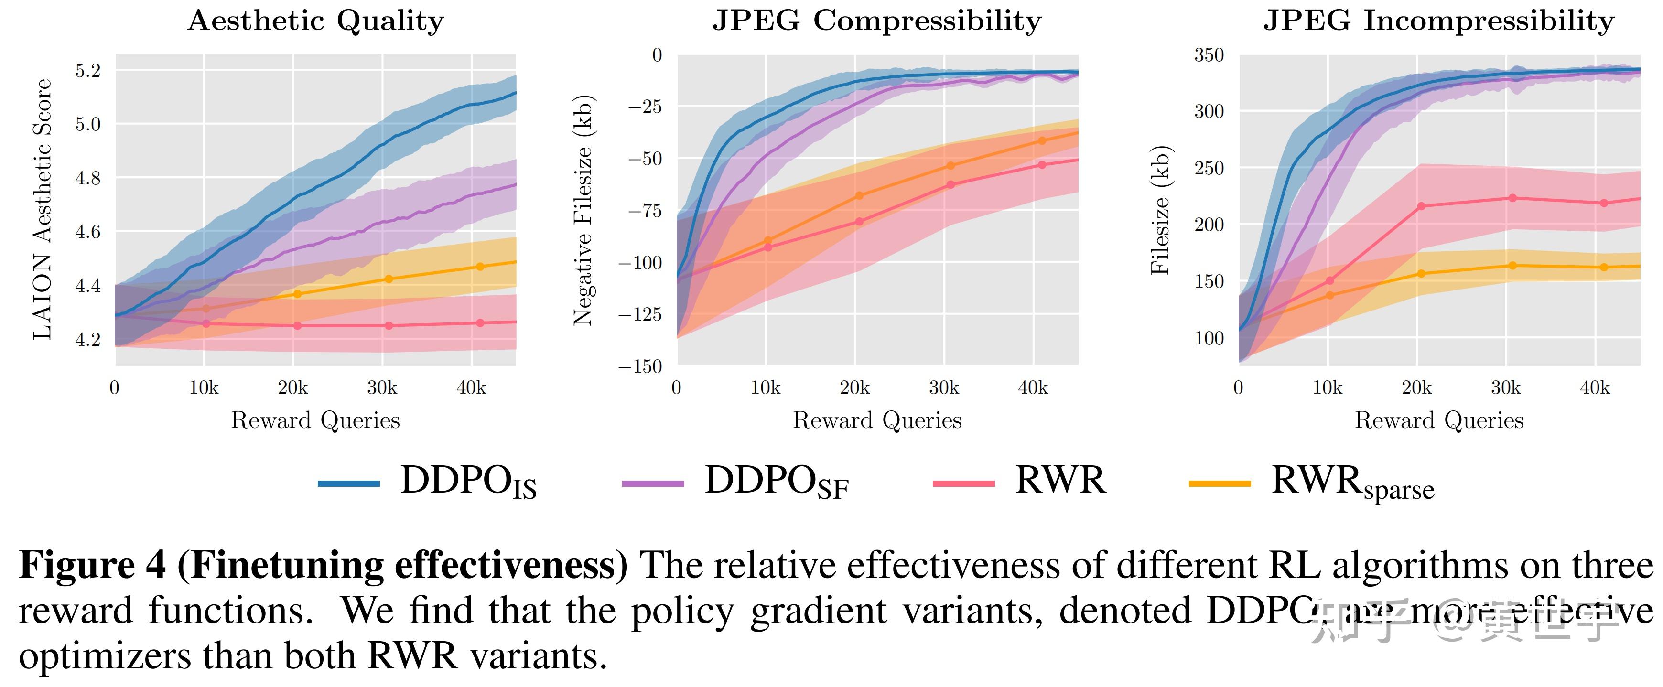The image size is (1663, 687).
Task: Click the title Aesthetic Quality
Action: click(x=316, y=21)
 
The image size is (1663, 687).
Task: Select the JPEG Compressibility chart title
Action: click(x=877, y=21)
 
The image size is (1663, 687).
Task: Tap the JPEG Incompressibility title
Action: click(x=1438, y=21)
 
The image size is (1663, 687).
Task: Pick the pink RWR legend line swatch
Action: click(x=963, y=483)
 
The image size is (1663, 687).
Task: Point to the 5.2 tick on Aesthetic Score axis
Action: click(x=88, y=70)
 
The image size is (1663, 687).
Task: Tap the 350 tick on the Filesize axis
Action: click(x=1209, y=55)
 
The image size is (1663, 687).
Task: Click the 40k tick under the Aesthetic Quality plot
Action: click(x=471, y=388)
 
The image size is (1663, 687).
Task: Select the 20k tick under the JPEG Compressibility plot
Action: click(x=855, y=388)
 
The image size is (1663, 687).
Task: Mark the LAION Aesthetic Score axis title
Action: click(x=43, y=209)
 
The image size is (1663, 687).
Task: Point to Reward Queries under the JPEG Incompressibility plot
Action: click(x=1438, y=420)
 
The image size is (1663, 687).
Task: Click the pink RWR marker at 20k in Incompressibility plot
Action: click(x=1421, y=206)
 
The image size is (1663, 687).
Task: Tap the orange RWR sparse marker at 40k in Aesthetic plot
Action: click(x=480, y=267)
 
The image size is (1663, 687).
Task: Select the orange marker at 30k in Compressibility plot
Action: click(x=950, y=166)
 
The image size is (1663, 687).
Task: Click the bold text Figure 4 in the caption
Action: click(x=92, y=566)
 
